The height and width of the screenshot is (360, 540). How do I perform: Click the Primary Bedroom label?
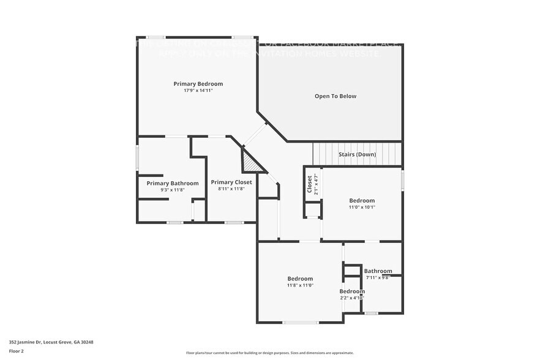coord(198,84)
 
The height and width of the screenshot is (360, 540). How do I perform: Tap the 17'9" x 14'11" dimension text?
coord(198,91)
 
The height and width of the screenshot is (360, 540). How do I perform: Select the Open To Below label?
coord(335,96)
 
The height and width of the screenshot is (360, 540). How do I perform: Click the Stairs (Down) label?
coord(357,154)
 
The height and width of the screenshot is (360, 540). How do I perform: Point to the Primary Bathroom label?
coord(172,183)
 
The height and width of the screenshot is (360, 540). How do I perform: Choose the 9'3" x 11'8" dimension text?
coord(172,190)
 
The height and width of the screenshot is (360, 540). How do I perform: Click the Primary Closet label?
coord(231,182)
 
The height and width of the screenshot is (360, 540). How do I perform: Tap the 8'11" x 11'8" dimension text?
coord(231,189)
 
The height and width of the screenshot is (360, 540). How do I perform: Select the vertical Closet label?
coord(310,184)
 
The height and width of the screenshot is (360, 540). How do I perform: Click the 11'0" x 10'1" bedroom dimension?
coord(362,207)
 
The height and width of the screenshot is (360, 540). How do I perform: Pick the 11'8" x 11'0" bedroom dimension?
coord(300,285)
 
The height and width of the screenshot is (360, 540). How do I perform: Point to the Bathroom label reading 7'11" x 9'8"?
coord(378,271)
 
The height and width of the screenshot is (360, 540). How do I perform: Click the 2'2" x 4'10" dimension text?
coord(352,298)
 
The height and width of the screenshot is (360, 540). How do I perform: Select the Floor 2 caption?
coord(17,351)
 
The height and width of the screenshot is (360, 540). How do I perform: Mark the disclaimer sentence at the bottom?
coord(269,353)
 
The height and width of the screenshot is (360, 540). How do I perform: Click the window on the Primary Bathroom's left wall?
coord(138,159)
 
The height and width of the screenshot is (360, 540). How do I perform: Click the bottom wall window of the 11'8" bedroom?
coord(300,322)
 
